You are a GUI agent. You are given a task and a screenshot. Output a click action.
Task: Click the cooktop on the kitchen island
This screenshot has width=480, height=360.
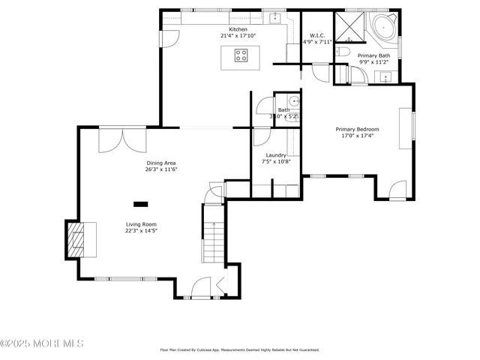[x=241, y=54]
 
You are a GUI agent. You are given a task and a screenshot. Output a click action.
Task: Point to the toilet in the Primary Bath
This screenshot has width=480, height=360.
[x=341, y=51]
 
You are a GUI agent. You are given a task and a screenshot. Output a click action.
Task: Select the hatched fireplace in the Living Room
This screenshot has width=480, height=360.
[x=77, y=240]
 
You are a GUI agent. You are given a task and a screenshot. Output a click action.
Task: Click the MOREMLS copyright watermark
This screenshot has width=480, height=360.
[x=42, y=344]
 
